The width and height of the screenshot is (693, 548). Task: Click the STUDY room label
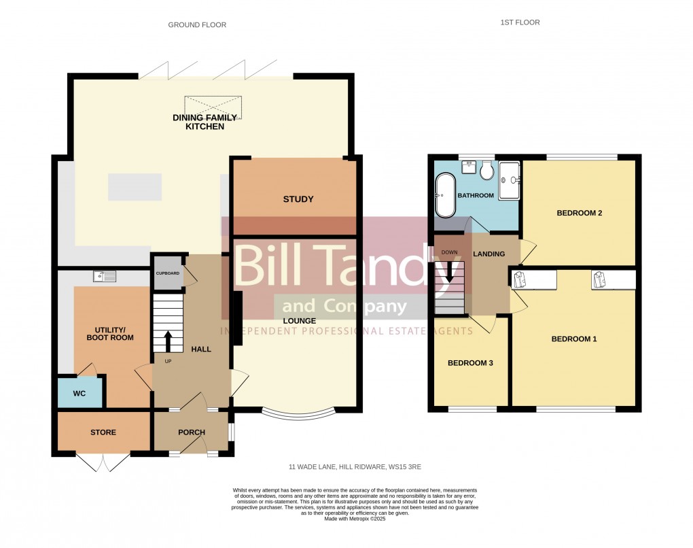(x=298, y=199)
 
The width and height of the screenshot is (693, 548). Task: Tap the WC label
(x=79, y=394)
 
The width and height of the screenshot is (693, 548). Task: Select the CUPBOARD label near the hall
(x=168, y=273)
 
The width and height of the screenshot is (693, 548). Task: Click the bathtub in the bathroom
(x=445, y=195)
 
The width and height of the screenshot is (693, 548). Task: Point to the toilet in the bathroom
(x=486, y=171)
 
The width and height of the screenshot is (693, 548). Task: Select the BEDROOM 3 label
(x=469, y=363)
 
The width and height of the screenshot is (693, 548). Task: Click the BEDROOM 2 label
(x=580, y=213)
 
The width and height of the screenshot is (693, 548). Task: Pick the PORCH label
(x=192, y=432)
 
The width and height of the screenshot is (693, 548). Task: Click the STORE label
(x=103, y=432)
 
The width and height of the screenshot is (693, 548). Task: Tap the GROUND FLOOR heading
(x=197, y=25)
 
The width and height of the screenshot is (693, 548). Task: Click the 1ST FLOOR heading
(x=520, y=22)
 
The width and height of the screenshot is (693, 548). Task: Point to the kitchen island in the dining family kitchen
(x=135, y=187)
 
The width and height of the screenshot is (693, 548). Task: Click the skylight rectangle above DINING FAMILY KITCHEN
(x=213, y=107)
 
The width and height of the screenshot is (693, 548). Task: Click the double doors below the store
(x=103, y=462)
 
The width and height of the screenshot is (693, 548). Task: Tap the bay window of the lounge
(x=299, y=413)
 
